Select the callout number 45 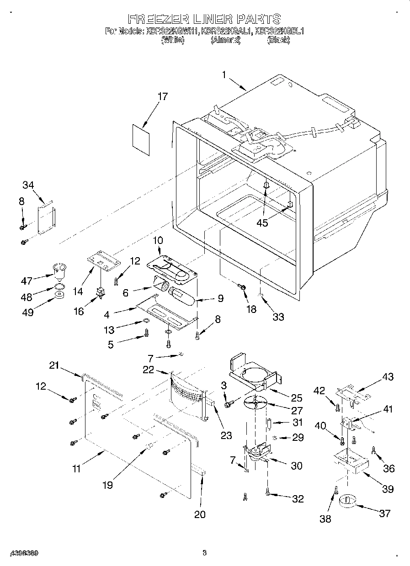(x=262, y=222)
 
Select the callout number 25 (x=296, y=397)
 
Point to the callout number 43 (x=387, y=377)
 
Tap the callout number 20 (x=200, y=514)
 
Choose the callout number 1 (x=224, y=75)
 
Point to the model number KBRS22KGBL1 (x=279, y=32)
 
